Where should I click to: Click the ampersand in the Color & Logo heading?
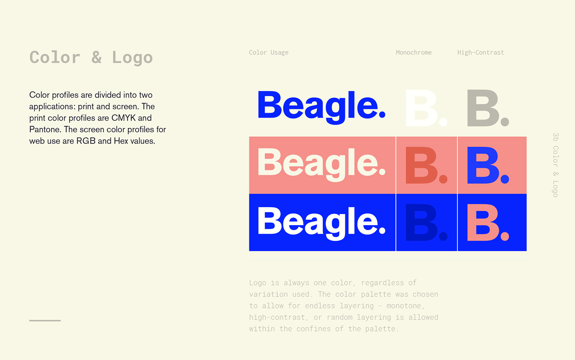[x=97, y=57]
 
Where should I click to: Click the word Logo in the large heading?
[x=132, y=58]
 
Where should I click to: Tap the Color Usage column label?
[x=269, y=53]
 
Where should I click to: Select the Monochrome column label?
[x=414, y=53]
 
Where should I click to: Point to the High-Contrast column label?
[x=481, y=53]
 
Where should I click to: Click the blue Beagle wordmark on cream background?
[x=321, y=107]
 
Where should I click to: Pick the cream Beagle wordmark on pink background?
[x=321, y=165]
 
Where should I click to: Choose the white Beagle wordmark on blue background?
[x=321, y=224]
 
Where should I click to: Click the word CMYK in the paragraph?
[x=124, y=118]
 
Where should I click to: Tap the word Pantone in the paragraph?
[x=45, y=129]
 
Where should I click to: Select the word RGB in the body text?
[x=86, y=141]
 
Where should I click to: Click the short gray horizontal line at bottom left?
[x=45, y=321]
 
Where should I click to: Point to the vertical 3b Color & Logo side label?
[x=555, y=165]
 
